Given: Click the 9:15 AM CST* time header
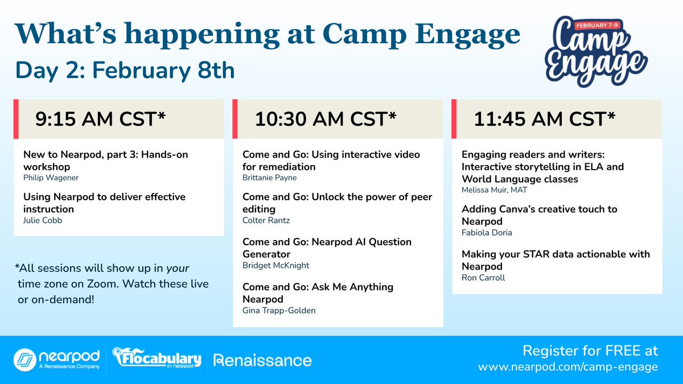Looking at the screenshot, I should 100,119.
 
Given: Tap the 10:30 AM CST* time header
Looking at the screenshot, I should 325,119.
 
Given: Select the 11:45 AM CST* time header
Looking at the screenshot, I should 544,119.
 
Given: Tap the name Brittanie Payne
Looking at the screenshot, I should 269,177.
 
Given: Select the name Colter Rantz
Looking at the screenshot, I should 264,220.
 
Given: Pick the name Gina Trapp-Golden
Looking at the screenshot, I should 279,310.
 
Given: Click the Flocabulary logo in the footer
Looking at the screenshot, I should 157,360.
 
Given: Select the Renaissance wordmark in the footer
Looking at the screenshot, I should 262,360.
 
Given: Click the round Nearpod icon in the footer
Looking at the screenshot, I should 24,360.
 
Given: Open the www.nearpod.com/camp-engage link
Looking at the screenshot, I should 567,368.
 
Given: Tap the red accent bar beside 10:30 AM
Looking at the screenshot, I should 236,119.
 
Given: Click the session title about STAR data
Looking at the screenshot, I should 555,260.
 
